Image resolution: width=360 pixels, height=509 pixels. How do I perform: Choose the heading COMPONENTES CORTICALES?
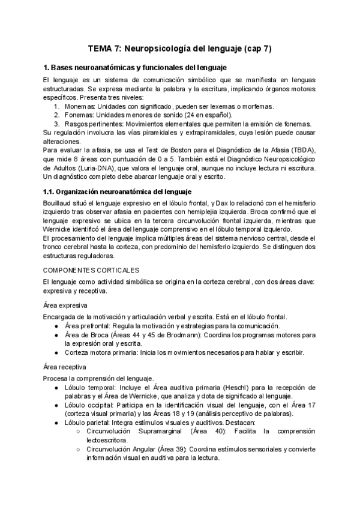(x=91, y=270)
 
